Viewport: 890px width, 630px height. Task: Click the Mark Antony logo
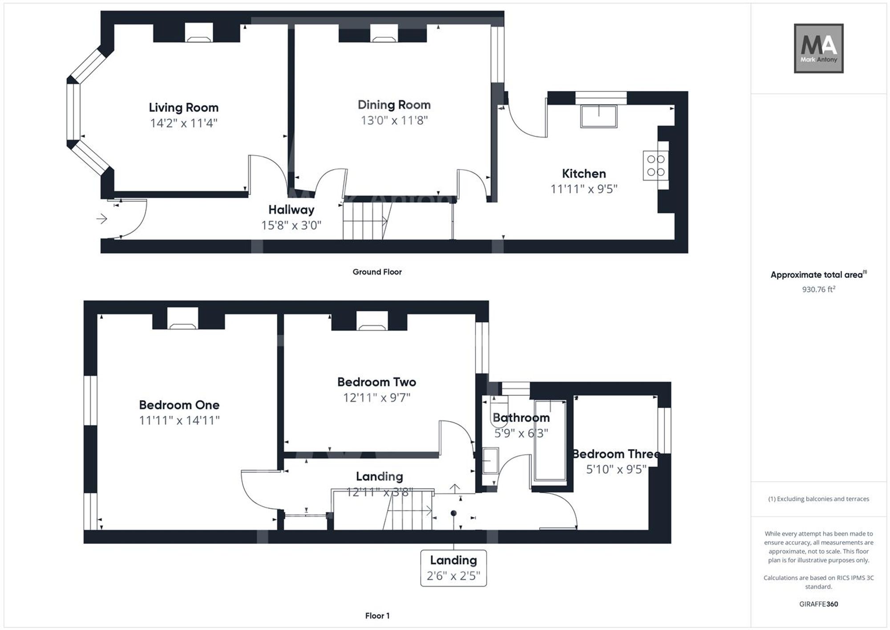coord(819,49)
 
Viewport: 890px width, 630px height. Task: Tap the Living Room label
coord(184,108)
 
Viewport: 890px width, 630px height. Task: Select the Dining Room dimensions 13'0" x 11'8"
coord(394,120)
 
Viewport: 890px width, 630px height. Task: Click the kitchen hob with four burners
coord(655,166)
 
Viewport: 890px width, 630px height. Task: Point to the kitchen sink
coord(599,117)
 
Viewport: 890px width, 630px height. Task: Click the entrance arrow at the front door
coord(102,219)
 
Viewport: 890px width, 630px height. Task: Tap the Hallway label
coord(291,210)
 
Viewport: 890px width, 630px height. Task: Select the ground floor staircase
coord(365,221)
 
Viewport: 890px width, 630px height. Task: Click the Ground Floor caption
coord(377,272)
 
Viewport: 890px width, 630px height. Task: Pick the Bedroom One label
coord(179,405)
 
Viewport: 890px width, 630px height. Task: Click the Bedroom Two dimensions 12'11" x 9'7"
coord(377,398)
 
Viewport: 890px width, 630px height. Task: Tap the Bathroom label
coord(521,418)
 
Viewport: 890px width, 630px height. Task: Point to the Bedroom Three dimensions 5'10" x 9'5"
coord(616,469)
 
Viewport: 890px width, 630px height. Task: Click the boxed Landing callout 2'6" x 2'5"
coord(453,568)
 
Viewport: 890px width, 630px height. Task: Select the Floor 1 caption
coord(377,616)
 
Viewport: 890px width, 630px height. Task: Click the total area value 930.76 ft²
coord(819,289)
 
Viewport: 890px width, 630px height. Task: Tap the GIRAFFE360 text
coord(819,604)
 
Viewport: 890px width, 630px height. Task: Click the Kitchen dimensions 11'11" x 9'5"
coord(584,189)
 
